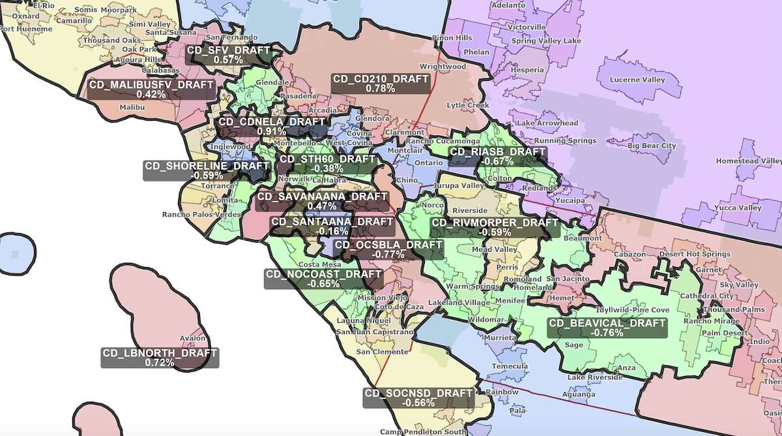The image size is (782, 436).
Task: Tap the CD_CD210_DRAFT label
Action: click(381, 83)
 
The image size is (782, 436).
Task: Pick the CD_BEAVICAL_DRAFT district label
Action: click(607, 328)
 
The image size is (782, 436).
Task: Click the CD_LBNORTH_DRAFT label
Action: click(160, 358)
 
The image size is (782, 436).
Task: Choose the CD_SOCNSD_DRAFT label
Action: click(418, 397)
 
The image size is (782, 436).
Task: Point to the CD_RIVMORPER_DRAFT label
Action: click(495, 226)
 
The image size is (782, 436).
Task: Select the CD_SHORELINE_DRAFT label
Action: click(207, 170)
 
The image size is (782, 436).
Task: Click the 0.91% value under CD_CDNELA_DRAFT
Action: click(271, 131)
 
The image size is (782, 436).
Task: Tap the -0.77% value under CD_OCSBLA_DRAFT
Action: click(388, 255)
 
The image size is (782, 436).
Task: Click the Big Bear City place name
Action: click(652, 146)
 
